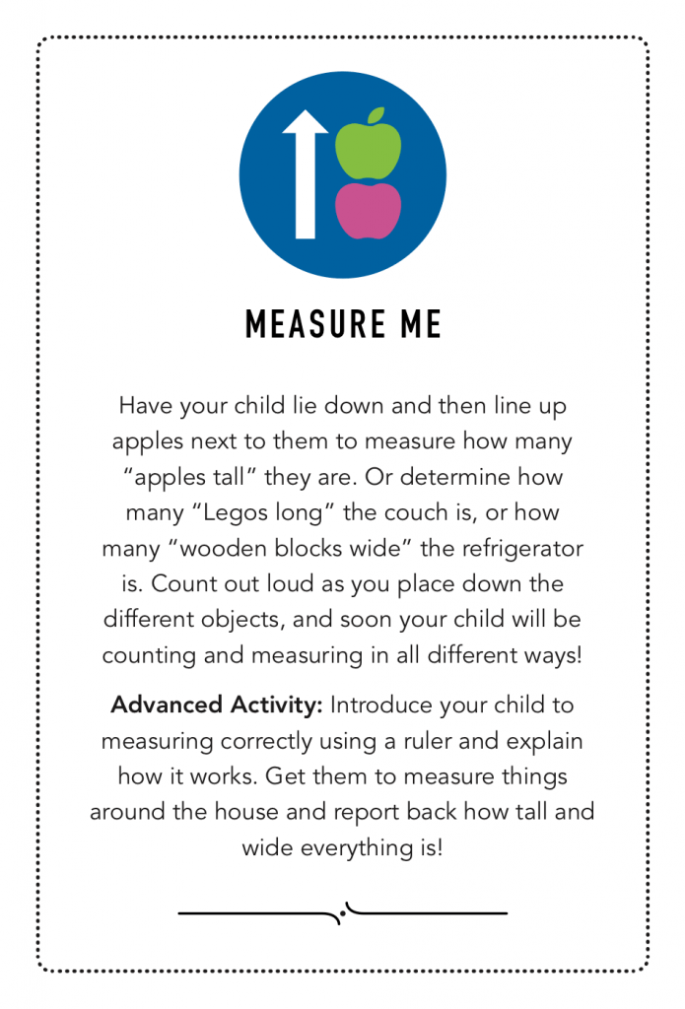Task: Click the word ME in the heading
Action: pyautogui.click(x=418, y=325)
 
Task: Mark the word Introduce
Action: pyautogui.click(x=378, y=706)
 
